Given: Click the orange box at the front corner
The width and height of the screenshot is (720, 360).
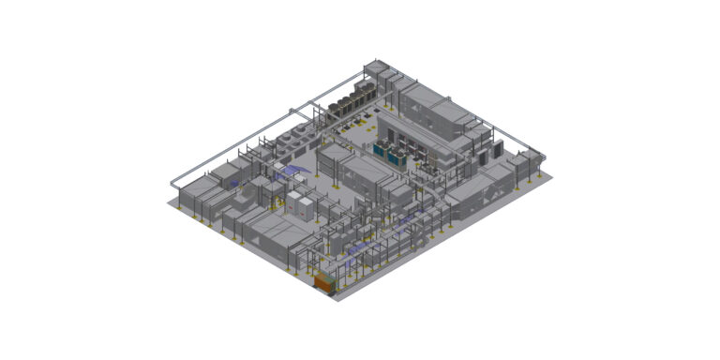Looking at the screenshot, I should point(324,281).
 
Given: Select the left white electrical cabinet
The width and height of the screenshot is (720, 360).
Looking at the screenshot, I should point(297,204).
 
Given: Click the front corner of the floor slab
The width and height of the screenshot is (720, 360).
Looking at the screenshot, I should point(336,299).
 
